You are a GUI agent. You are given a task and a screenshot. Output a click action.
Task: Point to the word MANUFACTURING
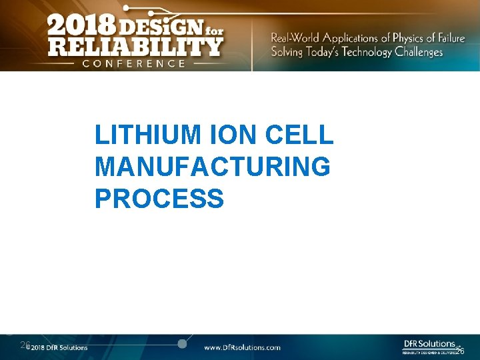point(212,167)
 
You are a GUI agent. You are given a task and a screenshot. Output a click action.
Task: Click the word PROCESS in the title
point(159,198)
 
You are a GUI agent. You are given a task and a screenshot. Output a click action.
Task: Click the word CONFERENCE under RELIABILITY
point(134,63)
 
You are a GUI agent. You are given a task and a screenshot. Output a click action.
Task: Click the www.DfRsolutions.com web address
point(242,347)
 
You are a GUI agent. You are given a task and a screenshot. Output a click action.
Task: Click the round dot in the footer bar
point(182,344)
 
